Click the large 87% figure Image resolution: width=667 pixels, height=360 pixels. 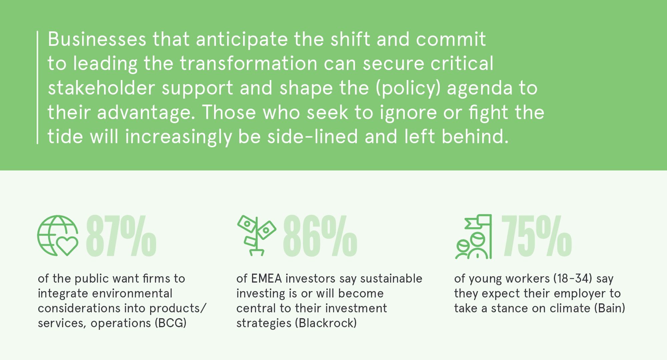pos(121,236)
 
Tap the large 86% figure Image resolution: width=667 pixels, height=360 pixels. pos(320,236)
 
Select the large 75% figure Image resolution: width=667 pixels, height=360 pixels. pos(537,236)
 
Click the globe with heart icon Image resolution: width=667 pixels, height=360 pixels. pos(58,236)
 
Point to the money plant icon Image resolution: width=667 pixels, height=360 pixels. pos(257,235)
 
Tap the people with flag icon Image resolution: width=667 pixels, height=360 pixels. pos(473,237)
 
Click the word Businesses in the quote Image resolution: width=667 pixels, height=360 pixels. pos(97,39)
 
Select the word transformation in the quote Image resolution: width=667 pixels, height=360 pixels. pos(248,63)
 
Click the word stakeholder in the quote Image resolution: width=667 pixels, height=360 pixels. pos(101,88)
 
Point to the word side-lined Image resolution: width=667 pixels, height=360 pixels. pos(312,136)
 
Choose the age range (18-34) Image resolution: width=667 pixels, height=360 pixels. pos(573,279)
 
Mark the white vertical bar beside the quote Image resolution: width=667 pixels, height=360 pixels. pos(38,87)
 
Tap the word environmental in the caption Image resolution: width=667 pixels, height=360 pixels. pos(132,293)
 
